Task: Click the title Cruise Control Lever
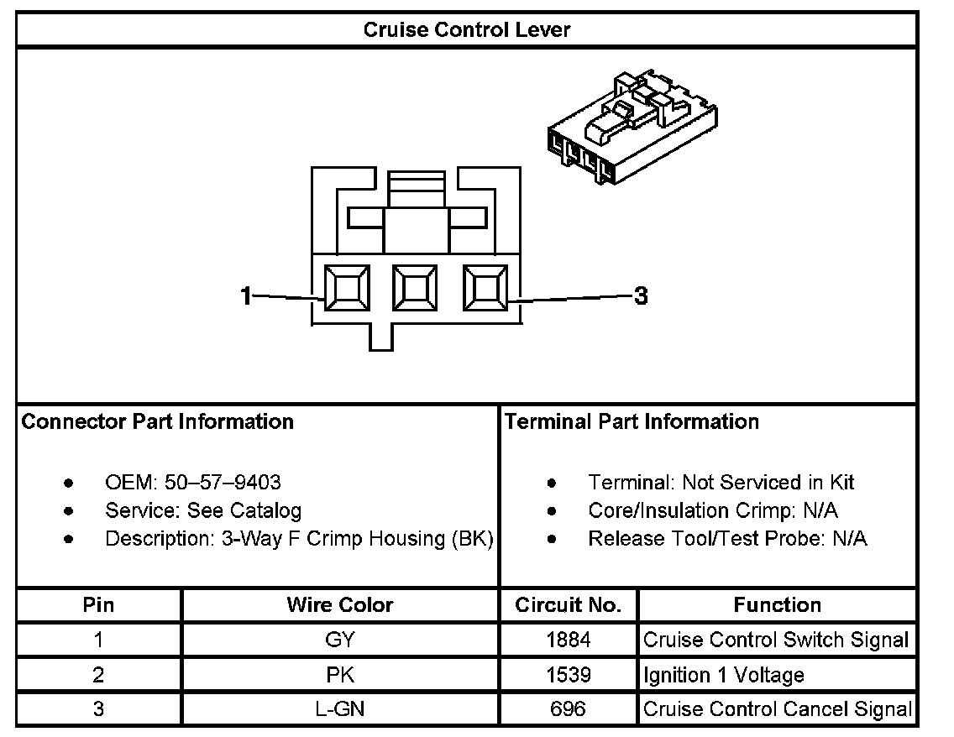coord(466,30)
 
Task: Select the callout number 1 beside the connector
coord(246,295)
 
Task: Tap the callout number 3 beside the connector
coord(641,295)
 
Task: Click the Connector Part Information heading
coord(158,421)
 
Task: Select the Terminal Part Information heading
coord(632,421)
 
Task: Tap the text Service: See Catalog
coord(202,510)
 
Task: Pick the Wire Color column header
coord(339,605)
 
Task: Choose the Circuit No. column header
coord(569,605)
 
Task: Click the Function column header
coord(777,605)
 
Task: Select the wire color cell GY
coord(339,640)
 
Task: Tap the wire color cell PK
coord(339,675)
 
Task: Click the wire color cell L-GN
coord(339,709)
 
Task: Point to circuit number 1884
coord(569,640)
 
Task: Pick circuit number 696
coord(569,709)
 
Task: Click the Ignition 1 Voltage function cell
coord(723,675)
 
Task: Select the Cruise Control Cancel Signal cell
coord(777,709)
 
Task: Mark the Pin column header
coord(98,605)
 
